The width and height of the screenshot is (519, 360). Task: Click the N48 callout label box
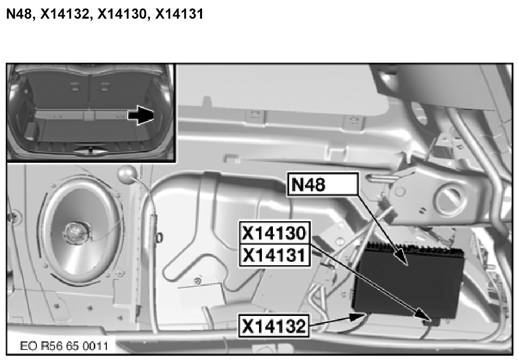(x=323, y=184)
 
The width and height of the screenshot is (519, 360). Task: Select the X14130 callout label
(x=275, y=233)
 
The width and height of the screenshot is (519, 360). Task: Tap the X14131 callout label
(x=275, y=256)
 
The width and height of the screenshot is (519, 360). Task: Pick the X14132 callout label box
(x=274, y=326)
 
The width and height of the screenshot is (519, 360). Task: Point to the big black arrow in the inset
(x=141, y=115)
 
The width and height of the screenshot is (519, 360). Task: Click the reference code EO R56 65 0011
(x=64, y=346)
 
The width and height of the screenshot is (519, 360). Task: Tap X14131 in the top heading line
(x=179, y=14)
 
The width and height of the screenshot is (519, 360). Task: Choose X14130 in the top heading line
(x=122, y=14)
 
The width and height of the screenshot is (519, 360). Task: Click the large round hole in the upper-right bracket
(x=449, y=199)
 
